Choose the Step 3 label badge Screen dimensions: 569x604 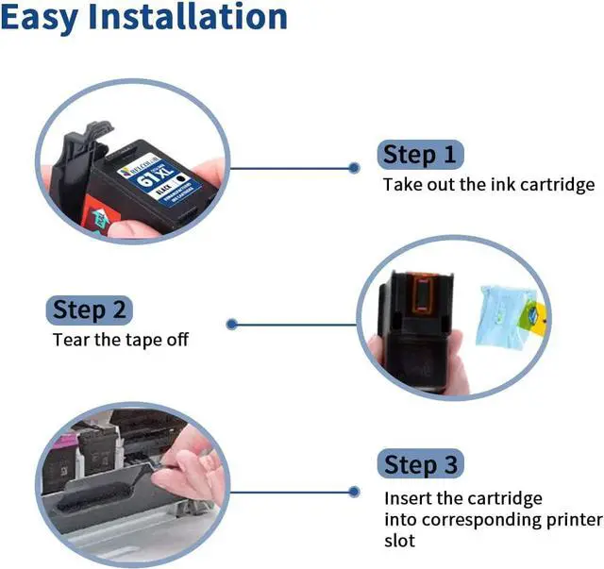pyautogui.click(x=422, y=464)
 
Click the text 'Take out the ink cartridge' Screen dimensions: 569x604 pyautogui.click(x=488, y=184)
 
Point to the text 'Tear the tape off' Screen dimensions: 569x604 pyautogui.click(x=120, y=339)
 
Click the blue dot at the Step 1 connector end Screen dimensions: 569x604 pyautogui.click(x=354, y=168)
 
